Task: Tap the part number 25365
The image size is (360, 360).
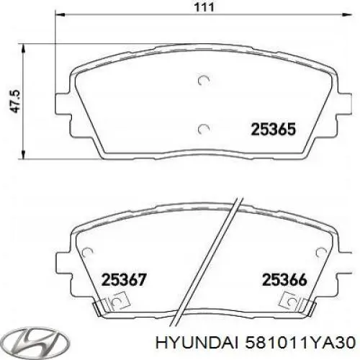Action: (x=273, y=130)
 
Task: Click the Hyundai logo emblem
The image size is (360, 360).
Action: (x=26, y=339)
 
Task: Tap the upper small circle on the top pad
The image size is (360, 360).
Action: (x=204, y=81)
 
